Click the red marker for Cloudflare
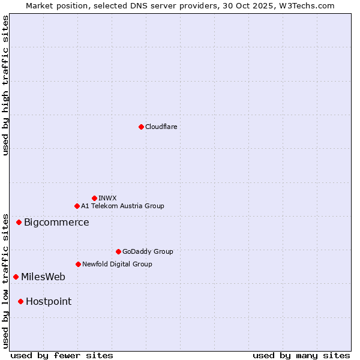[141, 127]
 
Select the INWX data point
[94, 198]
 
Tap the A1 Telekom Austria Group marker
[77, 206]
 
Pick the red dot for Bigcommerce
[19, 222]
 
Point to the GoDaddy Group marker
[118, 251]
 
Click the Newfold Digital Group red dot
[78, 264]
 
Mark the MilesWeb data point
[16, 277]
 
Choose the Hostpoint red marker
[20, 301]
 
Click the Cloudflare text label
[161, 127]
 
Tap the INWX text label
[107, 198]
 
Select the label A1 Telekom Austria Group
[122, 206]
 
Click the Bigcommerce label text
[56, 223]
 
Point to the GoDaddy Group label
[148, 251]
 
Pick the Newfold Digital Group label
[117, 264]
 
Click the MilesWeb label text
[43, 277]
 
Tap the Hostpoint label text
[49, 302]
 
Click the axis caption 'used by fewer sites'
[62, 355]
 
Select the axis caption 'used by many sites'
[301, 355]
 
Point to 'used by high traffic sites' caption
[5, 85]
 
